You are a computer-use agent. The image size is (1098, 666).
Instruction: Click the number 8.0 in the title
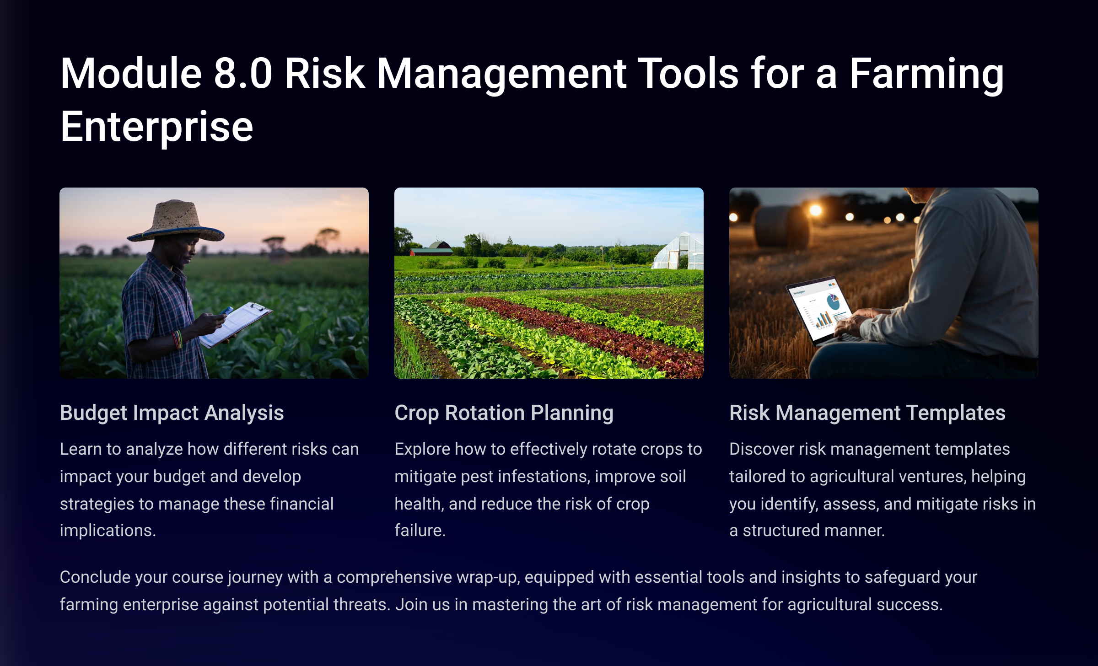pyautogui.click(x=243, y=74)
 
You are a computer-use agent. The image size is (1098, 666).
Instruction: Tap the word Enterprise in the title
pyautogui.click(x=156, y=128)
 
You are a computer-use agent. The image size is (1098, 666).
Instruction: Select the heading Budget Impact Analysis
pyautogui.click(x=172, y=413)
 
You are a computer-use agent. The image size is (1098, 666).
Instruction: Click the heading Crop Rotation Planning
pyautogui.click(x=504, y=413)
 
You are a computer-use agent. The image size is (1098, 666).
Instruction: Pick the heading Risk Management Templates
pyautogui.click(x=867, y=413)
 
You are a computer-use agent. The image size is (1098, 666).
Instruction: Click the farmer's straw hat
pyautogui.click(x=176, y=223)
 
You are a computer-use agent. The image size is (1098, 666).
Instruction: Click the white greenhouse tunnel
pyautogui.click(x=678, y=251)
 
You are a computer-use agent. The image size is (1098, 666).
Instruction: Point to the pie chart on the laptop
pyautogui.click(x=833, y=302)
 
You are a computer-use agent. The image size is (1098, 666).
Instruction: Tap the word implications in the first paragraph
pyautogui.click(x=108, y=531)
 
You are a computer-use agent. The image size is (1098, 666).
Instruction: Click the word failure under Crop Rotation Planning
pyautogui.click(x=420, y=531)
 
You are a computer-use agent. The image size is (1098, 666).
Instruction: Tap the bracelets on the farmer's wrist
pyautogui.click(x=177, y=339)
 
